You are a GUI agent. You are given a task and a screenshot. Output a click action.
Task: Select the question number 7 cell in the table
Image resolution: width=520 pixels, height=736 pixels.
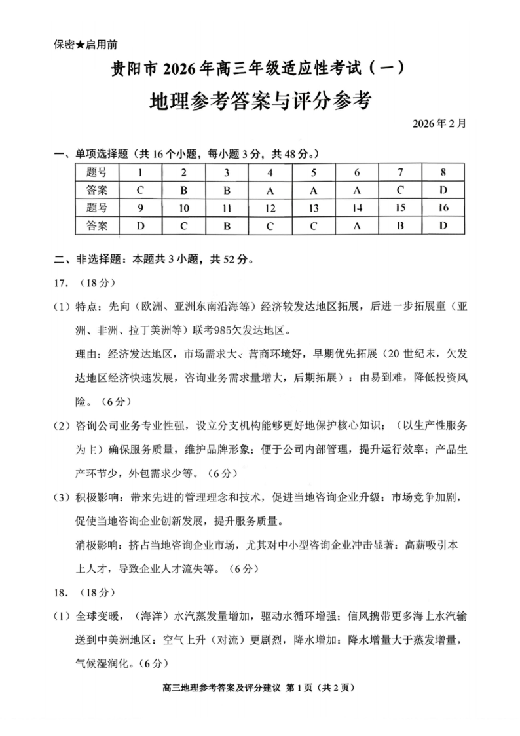[399, 172]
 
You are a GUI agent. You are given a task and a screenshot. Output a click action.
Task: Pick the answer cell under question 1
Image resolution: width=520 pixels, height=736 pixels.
[139, 190]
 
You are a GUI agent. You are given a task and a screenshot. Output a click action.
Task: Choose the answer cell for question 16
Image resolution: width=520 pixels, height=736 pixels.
[443, 226]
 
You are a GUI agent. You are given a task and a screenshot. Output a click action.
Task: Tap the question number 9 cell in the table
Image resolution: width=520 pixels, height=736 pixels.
[139, 208]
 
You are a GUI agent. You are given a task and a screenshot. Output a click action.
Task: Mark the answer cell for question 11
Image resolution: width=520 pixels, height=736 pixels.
[227, 226]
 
